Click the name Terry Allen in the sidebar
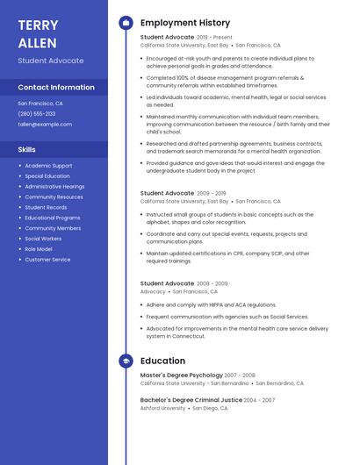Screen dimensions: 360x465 click(38, 34)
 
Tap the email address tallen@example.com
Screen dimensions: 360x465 click(45, 124)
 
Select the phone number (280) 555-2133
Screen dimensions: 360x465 click(37, 113)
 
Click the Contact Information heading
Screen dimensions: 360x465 click(56, 87)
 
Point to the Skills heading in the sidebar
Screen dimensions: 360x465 click(27, 149)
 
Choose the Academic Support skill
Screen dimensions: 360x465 click(48, 166)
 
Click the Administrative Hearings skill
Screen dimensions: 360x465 click(54, 187)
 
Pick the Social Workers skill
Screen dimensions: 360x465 click(43, 239)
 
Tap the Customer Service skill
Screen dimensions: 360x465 click(47, 260)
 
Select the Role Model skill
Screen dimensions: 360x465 click(39, 249)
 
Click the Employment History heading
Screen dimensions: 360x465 click(185, 23)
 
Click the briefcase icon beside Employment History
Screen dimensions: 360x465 click(126, 23)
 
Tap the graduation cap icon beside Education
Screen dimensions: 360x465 click(126, 361)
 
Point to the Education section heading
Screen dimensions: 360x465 click(162, 361)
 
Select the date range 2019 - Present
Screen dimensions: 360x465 click(215, 38)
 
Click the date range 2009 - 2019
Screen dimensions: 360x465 click(212, 193)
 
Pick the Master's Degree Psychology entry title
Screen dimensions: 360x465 click(181, 376)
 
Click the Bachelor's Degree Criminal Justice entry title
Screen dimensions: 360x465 click(191, 400)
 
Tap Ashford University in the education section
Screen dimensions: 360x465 click(163, 408)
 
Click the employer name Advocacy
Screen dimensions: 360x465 click(153, 291)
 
